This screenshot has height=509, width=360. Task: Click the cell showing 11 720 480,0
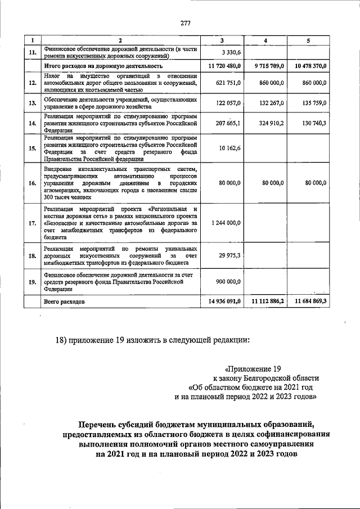tap(224, 66)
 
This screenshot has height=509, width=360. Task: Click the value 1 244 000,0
tap(226, 223)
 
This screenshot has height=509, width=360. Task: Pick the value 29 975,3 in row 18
tap(229, 255)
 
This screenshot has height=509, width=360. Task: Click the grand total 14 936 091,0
tap(224, 301)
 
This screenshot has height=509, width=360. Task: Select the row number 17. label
tap(32, 223)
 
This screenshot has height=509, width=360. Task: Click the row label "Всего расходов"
tap(64, 302)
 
